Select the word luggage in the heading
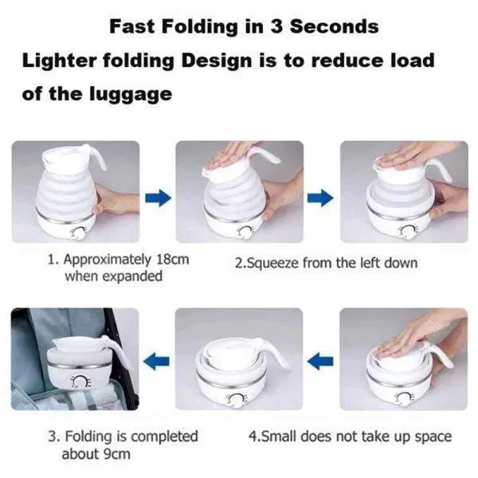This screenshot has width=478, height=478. (x=132, y=93)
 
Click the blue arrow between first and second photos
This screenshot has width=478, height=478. (x=159, y=198)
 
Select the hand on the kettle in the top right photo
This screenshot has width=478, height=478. (x=414, y=153)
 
